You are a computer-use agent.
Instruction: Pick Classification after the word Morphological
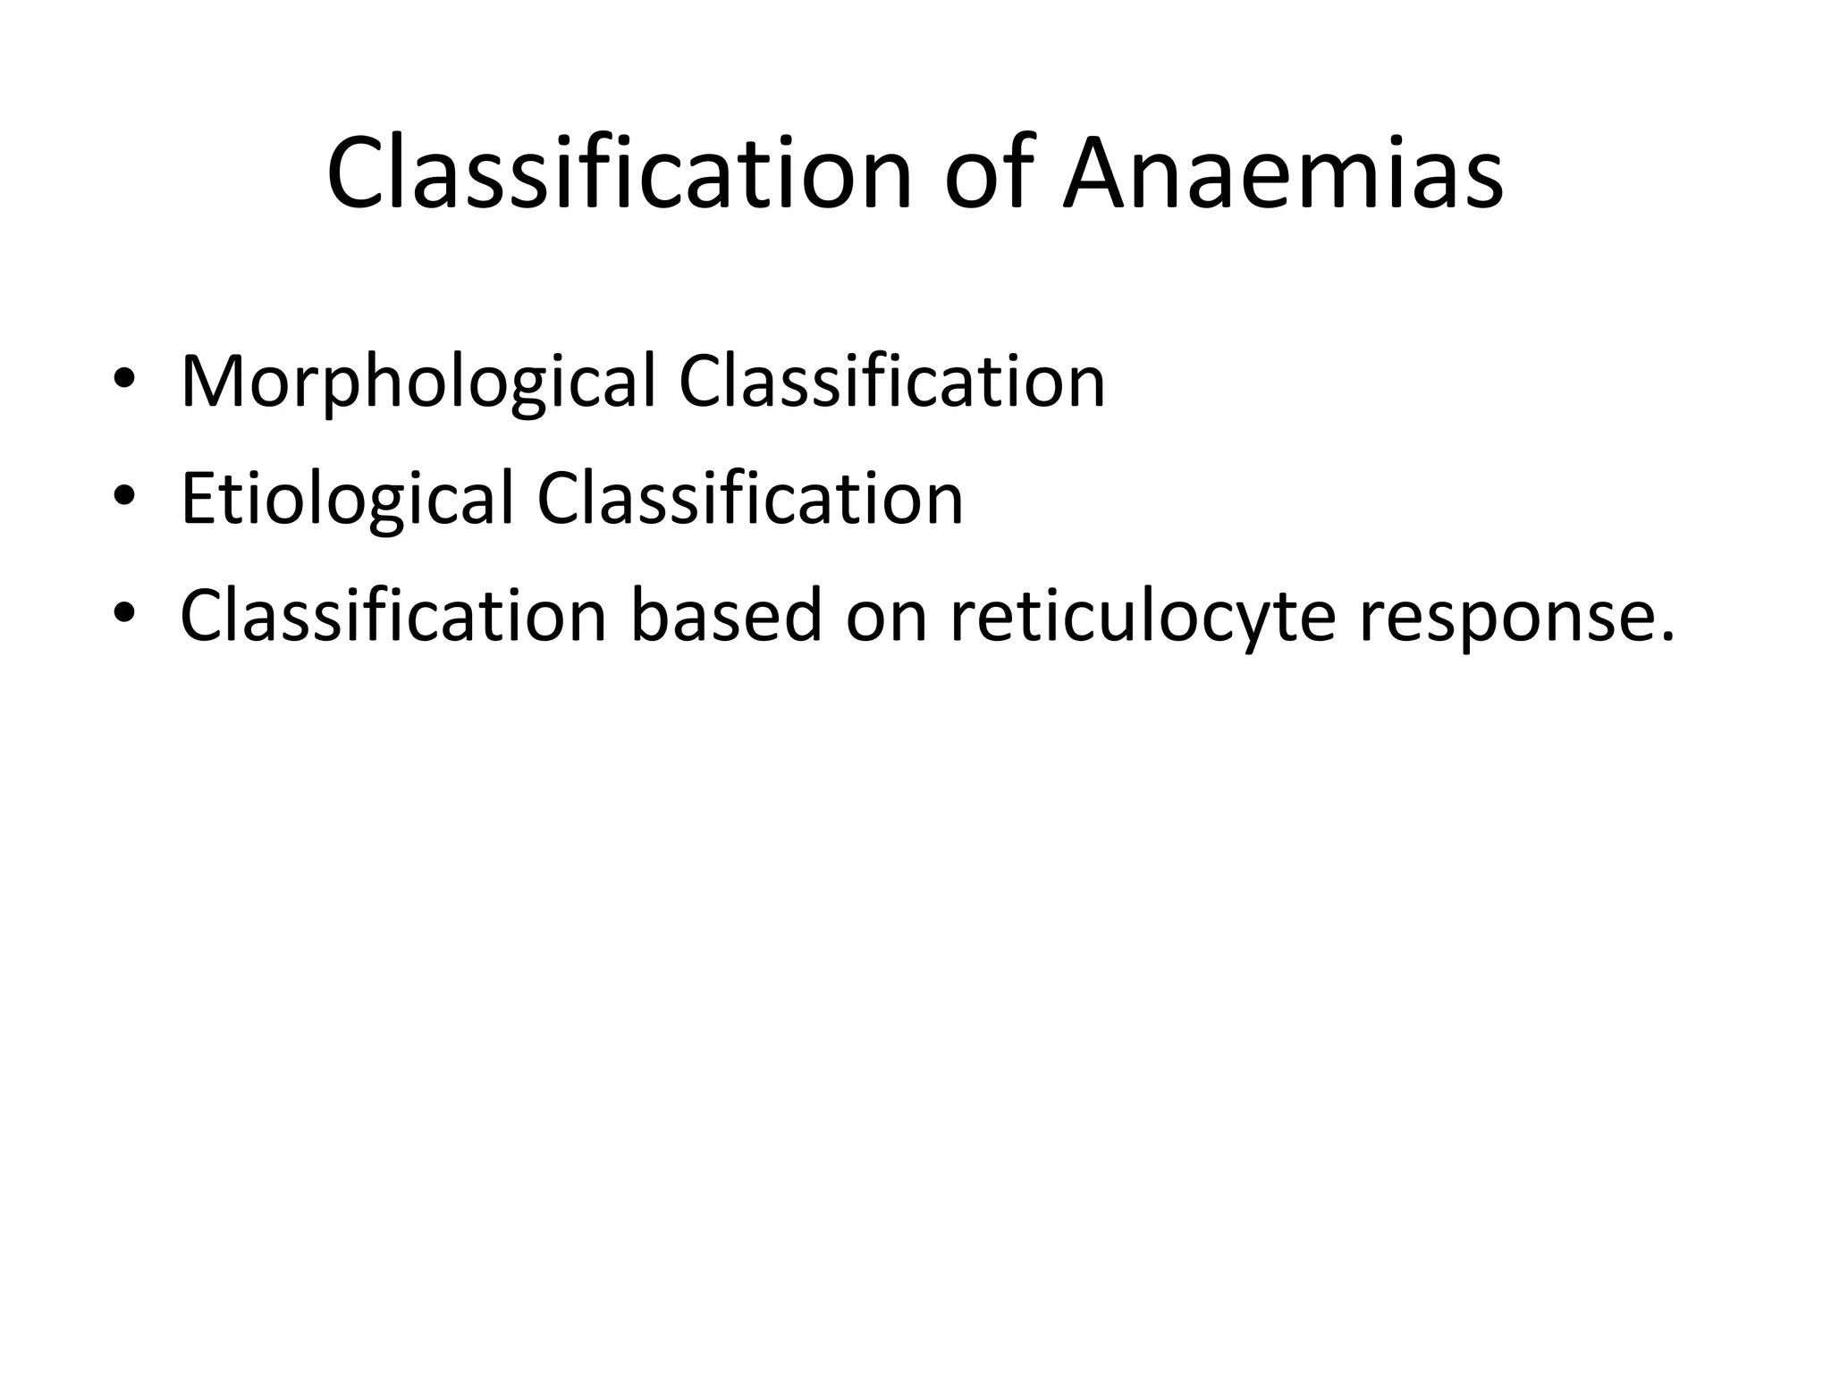(x=891, y=383)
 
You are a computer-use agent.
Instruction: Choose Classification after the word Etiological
(x=749, y=499)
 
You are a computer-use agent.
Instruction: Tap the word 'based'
(x=726, y=616)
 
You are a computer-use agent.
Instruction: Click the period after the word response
(x=1664, y=637)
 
